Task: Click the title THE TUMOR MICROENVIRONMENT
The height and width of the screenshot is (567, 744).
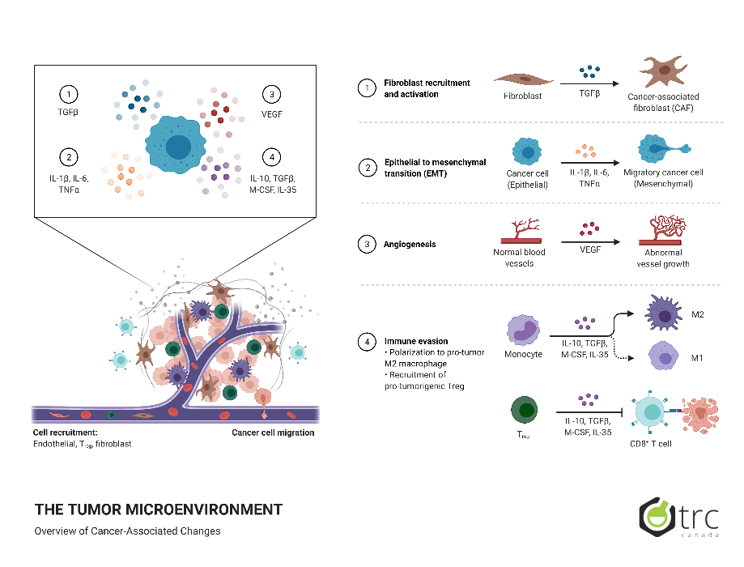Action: coord(159,509)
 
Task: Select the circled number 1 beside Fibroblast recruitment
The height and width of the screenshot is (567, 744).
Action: coord(368,87)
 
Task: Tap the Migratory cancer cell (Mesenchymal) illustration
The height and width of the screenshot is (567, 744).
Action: coord(661,150)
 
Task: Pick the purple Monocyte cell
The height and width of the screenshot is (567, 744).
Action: coord(522,331)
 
